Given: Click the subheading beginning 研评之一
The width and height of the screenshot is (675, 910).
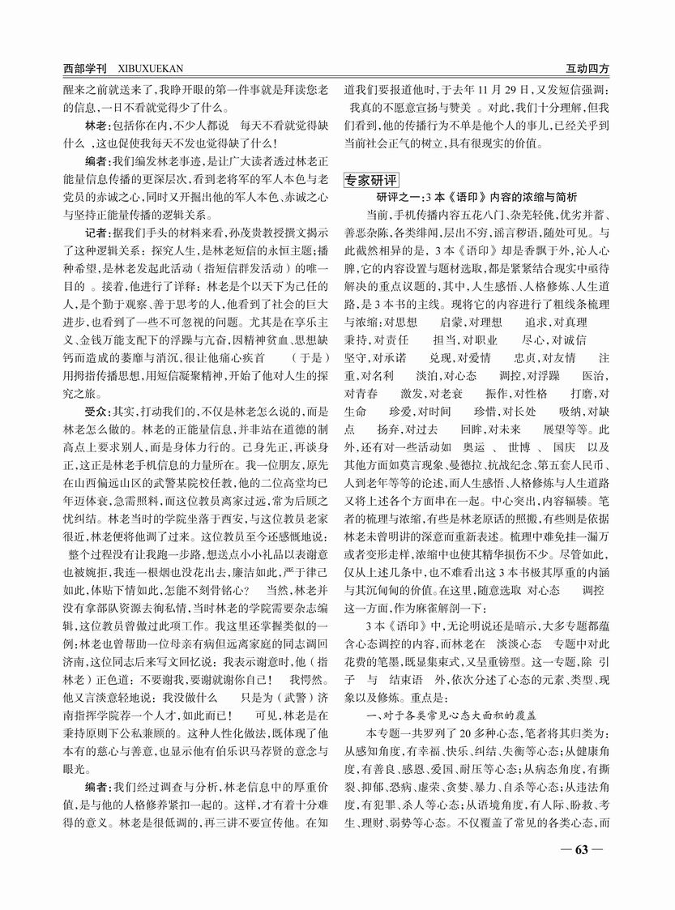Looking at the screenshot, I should click(x=477, y=196).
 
